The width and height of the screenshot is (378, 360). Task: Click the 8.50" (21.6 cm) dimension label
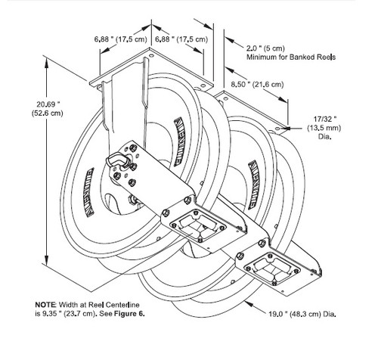[x=257, y=85]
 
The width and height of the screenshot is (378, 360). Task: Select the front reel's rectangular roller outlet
[x=197, y=225]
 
